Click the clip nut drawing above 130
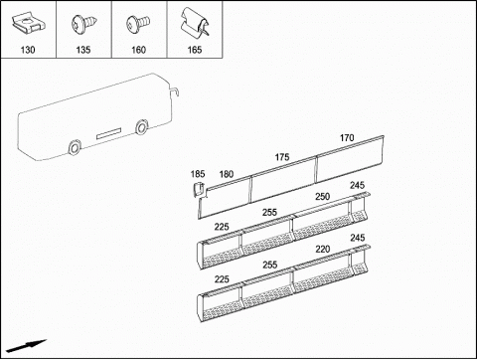tap(29, 24)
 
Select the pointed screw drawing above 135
tap(84, 24)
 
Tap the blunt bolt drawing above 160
tap(138, 24)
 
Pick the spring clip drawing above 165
tap(195, 22)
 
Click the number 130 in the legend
tap(28, 50)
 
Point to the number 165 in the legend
tap(195, 50)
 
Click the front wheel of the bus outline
tap(142, 127)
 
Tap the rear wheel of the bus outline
tap(75, 147)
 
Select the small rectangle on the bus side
tap(108, 133)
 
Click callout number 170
tap(347, 138)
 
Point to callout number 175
tap(282, 157)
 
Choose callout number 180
tap(227, 174)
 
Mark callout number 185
tap(198, 174)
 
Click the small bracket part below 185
tap(198, 189)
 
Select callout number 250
tap(322, 197)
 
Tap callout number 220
tap(323, 249)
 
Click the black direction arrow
tap(27, 346)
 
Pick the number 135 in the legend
tap(83, 50)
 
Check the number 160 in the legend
tap(138, 50)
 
